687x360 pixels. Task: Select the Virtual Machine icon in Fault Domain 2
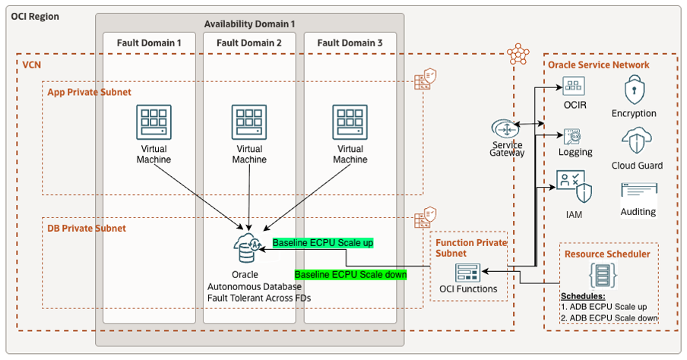click(x=249, y=122)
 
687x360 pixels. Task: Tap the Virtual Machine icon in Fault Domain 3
click(x=350, y=122)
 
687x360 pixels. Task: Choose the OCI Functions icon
click(x=467, y=273)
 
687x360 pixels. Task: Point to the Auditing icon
click(x=638, y=191)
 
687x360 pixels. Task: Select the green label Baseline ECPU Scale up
click(x=323, y=243)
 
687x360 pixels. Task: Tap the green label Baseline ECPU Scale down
click(x=350, y=274)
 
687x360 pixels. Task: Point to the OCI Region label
click(x=34, y=16)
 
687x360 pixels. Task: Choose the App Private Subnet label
click(x=88, y=92)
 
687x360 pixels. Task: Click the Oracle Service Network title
click(x=599, y=65)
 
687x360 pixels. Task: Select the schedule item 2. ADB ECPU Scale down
click(x=609, y=317)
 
